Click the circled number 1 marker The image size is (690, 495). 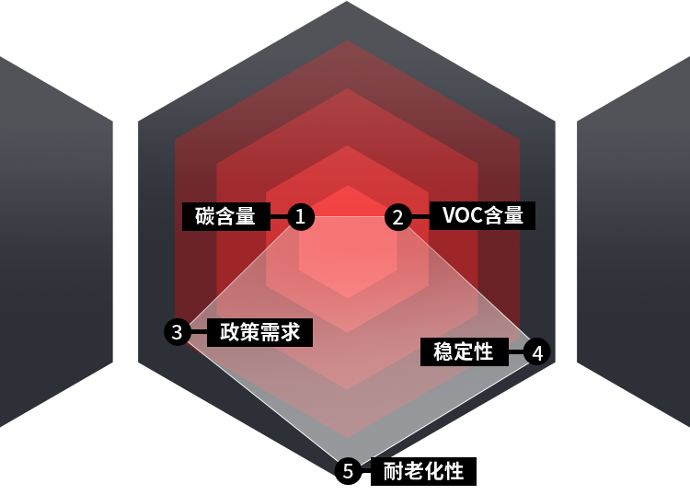[301, 217]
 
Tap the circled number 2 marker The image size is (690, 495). [397, 217]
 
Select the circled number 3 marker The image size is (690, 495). [178, 332]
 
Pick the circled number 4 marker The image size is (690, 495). [537, 351]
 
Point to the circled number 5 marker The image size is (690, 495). [348, 471]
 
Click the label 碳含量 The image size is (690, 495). [225, 216]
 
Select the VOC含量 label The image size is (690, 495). [483, 216]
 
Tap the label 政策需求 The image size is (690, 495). [260, 332]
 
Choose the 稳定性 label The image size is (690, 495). [464, 351]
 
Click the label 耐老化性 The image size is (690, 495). [424, 472]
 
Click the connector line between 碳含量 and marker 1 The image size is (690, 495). [278, 217]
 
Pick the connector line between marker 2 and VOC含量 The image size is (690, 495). [420, 217]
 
